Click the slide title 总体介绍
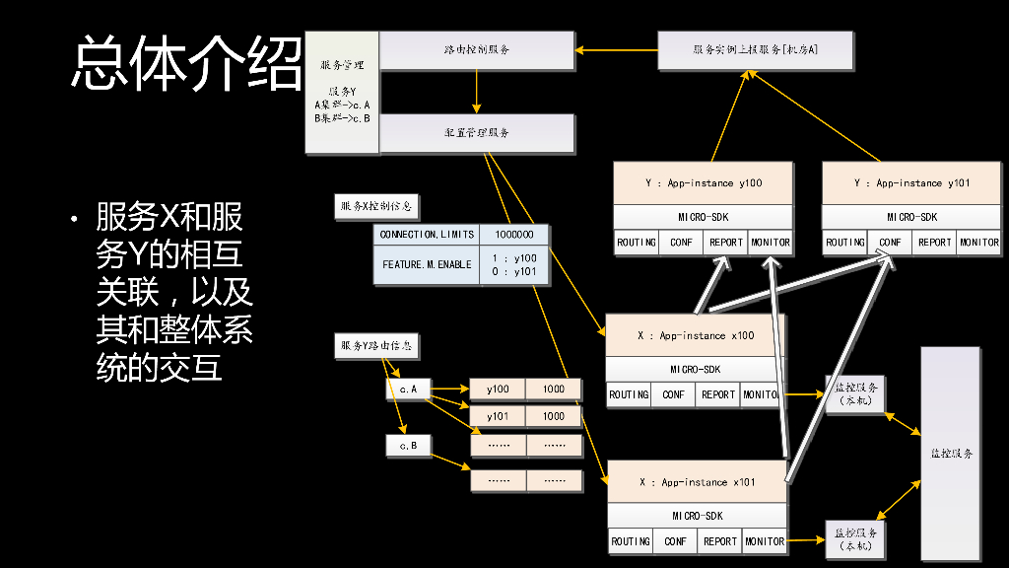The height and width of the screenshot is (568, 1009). (x=185, y=64)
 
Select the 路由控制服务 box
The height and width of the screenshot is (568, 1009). (x=476, y=49)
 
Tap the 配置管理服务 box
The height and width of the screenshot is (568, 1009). (x=476, y=133)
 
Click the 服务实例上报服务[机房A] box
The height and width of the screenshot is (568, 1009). (x=756, y=49)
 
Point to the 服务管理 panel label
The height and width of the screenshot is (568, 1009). (x=342, y=65)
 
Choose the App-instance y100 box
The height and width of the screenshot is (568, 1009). (x=703, y=183)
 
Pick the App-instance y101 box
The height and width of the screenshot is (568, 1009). (x=910, y=183)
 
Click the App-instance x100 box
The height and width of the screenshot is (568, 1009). (x=696, y=336)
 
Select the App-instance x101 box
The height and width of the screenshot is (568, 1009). (x=697, y=482)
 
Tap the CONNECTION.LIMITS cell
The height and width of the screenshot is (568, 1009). (x=427, y=235)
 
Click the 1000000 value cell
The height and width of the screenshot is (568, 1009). (x=514, y=235)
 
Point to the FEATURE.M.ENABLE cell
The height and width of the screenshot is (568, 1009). (x=427, y=265)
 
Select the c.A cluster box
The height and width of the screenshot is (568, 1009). (x=408, y=390)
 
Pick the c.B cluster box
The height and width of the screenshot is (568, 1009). (x=408, y=446)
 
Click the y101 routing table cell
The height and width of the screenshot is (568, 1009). (x=498, y=417)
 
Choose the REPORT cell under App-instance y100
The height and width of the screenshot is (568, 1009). (x=725, y=243)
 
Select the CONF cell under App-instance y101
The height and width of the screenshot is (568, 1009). (x=890, y=243)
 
